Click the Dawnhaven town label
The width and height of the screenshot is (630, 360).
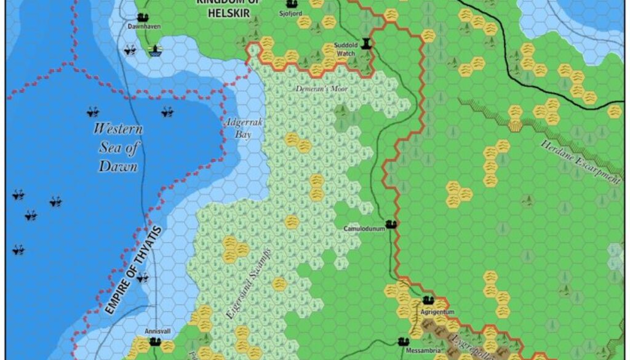(x=140, y=27)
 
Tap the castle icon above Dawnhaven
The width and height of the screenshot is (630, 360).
(x=143, y=17)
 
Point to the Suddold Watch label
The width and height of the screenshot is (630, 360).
(x=345, y=49)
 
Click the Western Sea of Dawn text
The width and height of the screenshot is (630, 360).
(x=118, y=148)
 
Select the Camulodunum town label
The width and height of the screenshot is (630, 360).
(x=364, y=229)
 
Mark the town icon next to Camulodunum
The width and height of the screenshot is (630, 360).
(x=390, y=225)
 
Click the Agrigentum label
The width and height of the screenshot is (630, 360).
(x=437, y=312)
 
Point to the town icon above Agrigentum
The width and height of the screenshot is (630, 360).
(x=429, y=301)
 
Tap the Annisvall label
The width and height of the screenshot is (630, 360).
(x=157, y=331)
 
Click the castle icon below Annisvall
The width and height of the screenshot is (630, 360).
(x=155, y=341)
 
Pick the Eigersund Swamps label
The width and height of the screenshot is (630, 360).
(x=241, y=289)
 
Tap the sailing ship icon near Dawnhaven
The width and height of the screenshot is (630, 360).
(x=155, y=52)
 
